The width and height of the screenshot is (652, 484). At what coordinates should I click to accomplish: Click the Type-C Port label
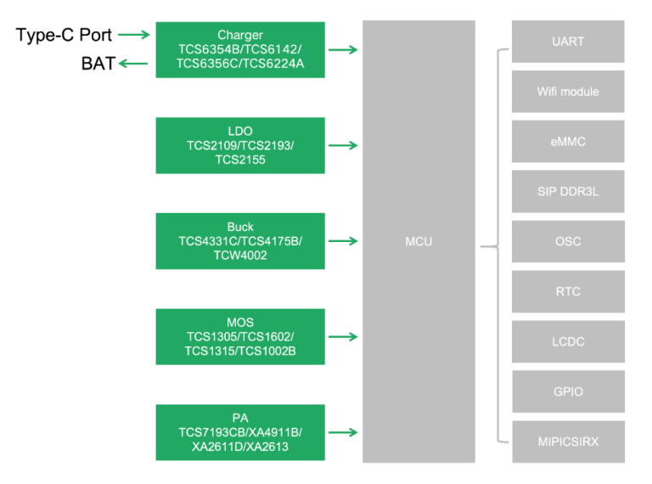[x=64, y=36]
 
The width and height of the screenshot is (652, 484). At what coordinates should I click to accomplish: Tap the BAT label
[x=98, y=64]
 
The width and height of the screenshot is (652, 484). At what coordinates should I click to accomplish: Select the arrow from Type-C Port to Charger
[x=134, y=35]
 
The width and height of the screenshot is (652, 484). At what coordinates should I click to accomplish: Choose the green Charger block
[x=240, y=49]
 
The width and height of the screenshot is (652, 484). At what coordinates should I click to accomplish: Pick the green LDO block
[x=240, y=145]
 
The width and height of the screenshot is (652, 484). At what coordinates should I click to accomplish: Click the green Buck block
[x=240, y=241]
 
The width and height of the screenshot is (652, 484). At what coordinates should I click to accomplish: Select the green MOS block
[x=240, y=337]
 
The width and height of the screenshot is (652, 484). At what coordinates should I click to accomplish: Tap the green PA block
[x=240, y=433]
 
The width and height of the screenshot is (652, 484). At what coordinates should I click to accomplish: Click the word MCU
[x=419, y=242]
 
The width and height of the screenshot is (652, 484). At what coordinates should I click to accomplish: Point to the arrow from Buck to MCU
[x=343, y=241]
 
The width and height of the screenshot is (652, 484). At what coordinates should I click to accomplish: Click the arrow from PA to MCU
[x=343, y=433]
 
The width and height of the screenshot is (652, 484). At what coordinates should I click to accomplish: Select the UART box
[x=568, y=42]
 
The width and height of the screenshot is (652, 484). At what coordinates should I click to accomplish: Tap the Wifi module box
[x=568, y=92]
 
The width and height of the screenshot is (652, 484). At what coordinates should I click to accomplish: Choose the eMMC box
[x=568, y=142]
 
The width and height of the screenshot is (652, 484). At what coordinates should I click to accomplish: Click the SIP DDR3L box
[x=568, y=192]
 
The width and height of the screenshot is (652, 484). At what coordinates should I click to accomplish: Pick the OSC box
[x=568, y=242]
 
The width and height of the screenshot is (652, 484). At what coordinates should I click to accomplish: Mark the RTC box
[x=568, y=292]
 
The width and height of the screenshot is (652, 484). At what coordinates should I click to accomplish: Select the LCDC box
[x=568, y=342]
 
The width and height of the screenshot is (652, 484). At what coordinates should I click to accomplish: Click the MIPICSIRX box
[x=568, y=442]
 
